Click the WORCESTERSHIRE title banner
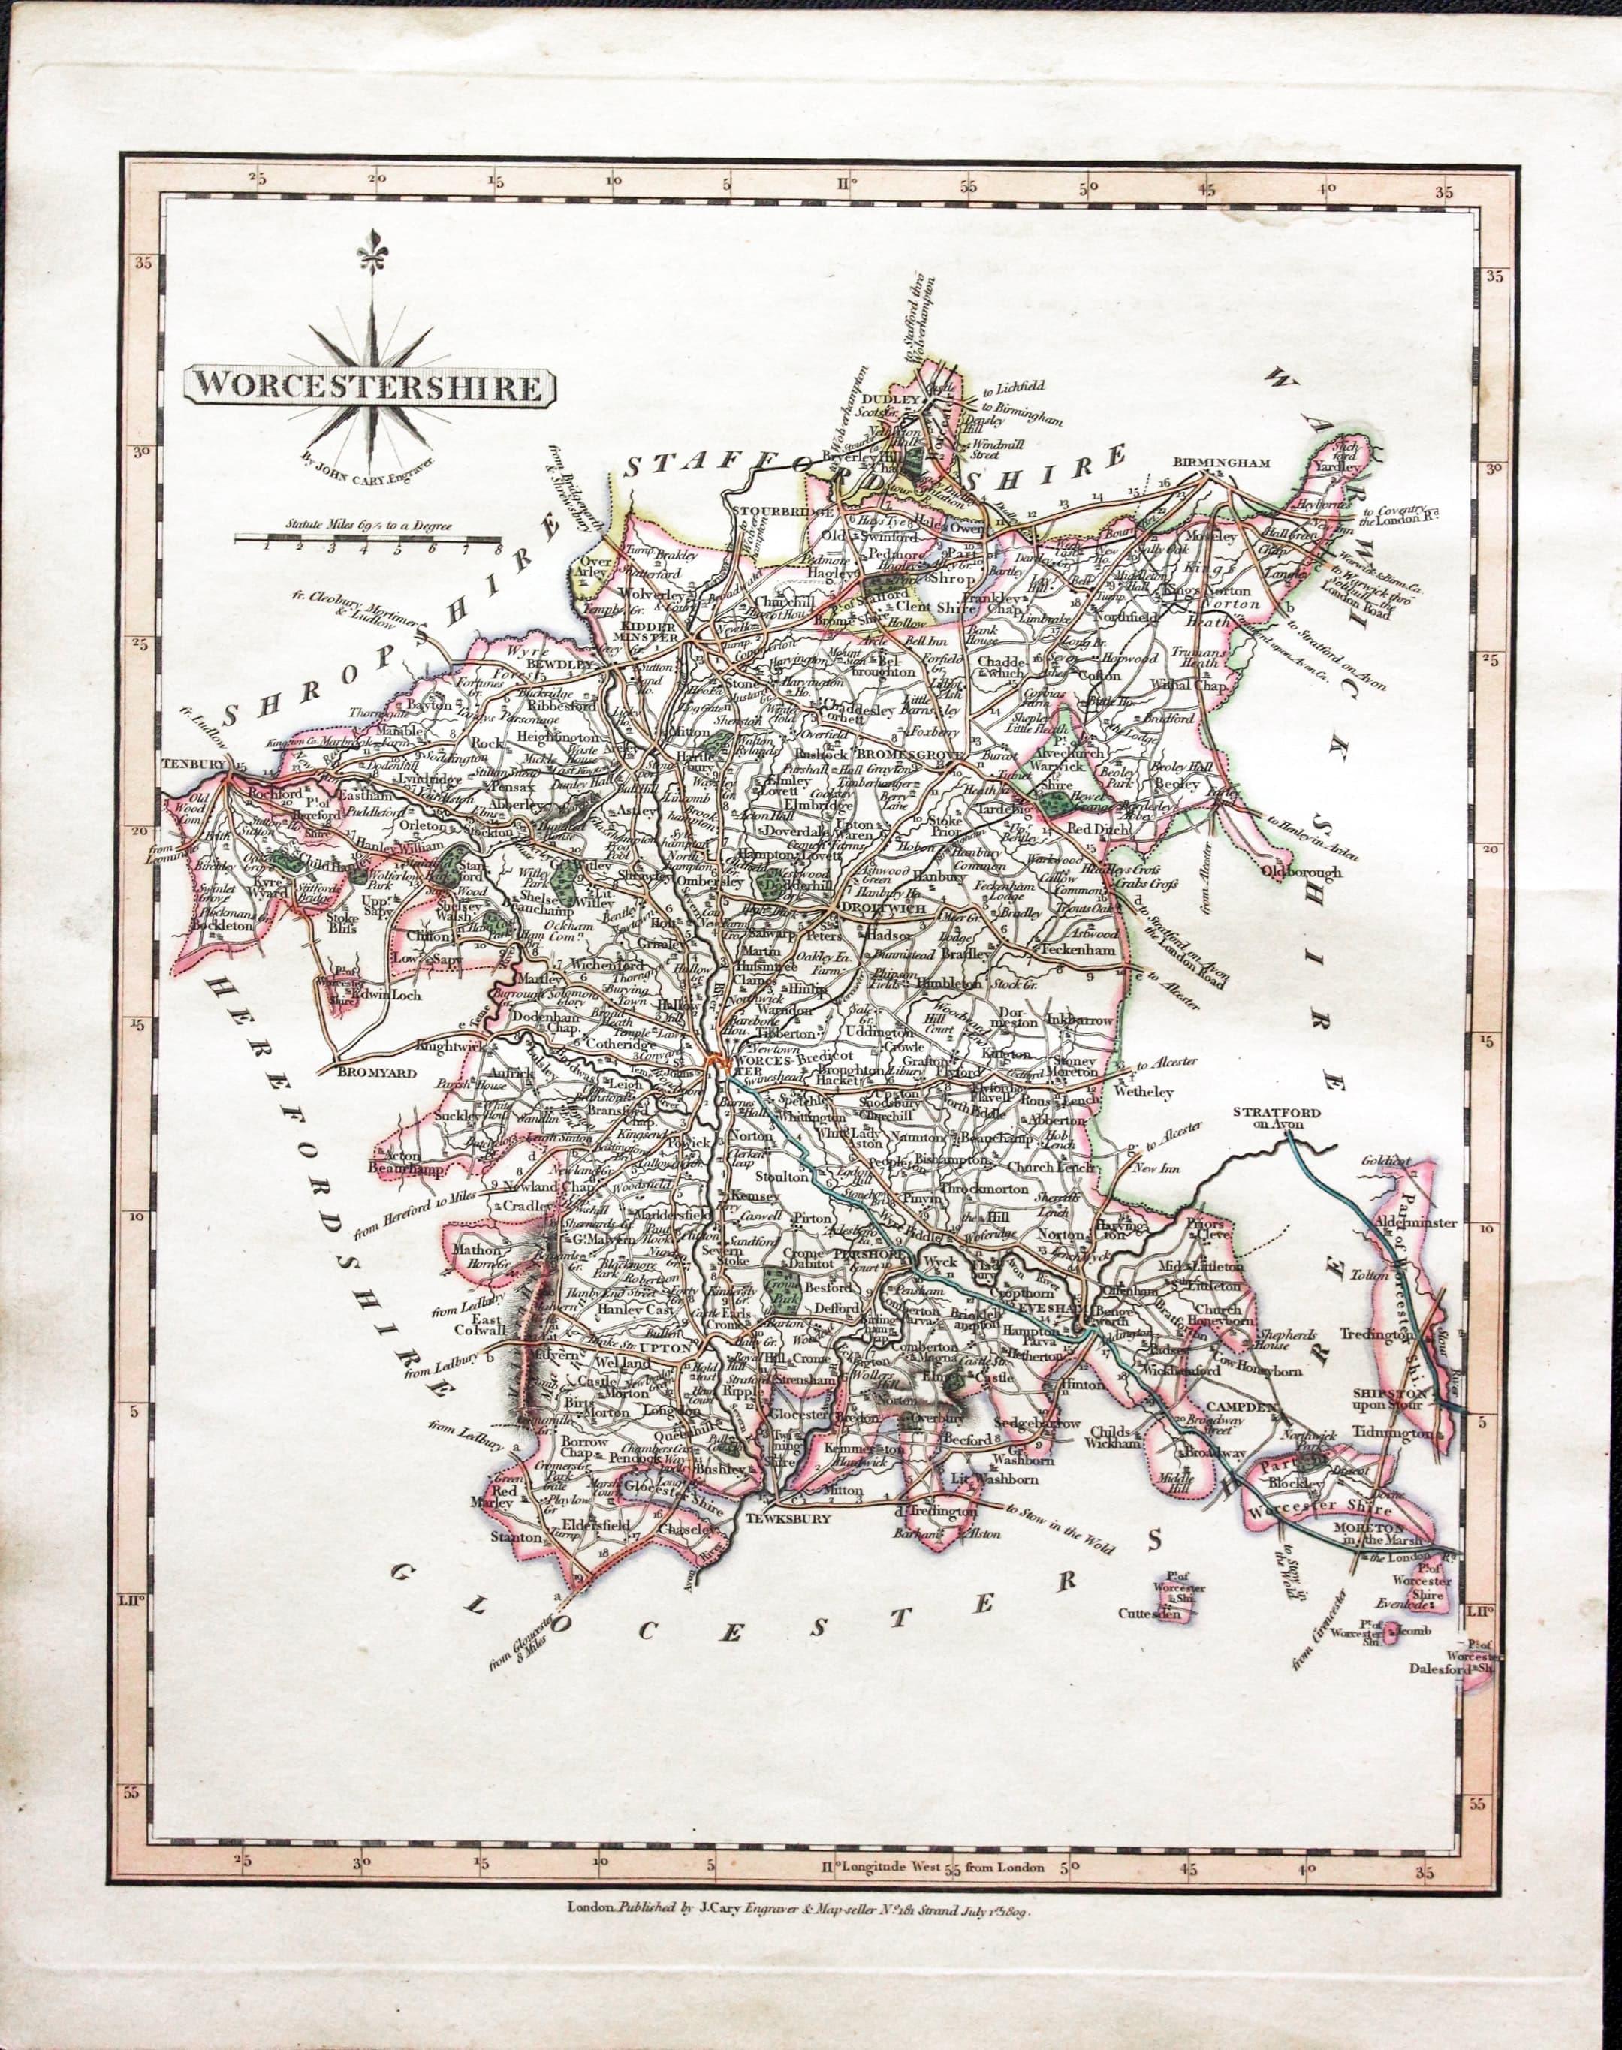(369, 387)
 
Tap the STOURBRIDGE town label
(785, 511)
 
